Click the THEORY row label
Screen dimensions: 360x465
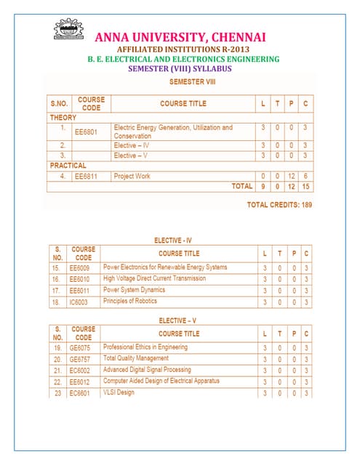pyautogui.click(x=63, y=116)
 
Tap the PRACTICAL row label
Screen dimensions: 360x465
pyautogui.click(x=68, y=165)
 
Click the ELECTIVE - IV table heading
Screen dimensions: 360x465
pyautogui.click(x=180, y=240)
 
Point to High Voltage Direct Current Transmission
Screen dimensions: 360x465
pyautogui.click(x=154, y=278)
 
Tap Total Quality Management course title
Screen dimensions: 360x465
pyautogui.click(x=140, y=359)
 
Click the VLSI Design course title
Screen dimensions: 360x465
pyautogui.click(x=119, y=393)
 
